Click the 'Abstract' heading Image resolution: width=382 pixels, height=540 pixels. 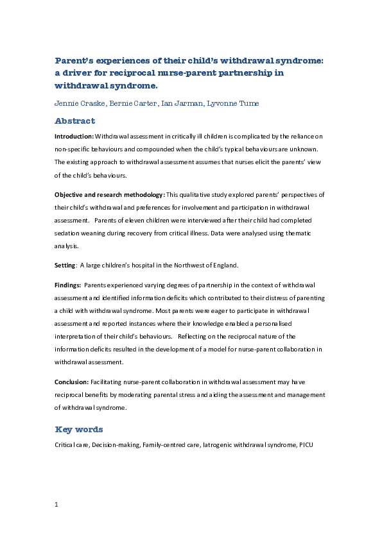(x=74, y=121)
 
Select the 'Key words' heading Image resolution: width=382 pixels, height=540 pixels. (x=78, y=429)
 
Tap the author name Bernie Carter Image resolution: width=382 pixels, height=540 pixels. (x=132, y=103)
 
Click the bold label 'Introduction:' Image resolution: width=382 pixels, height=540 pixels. (x=74, y=137)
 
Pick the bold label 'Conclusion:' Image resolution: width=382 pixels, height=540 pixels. (x=71, y=382)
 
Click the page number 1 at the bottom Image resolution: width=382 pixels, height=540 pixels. (x=56, y=505)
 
